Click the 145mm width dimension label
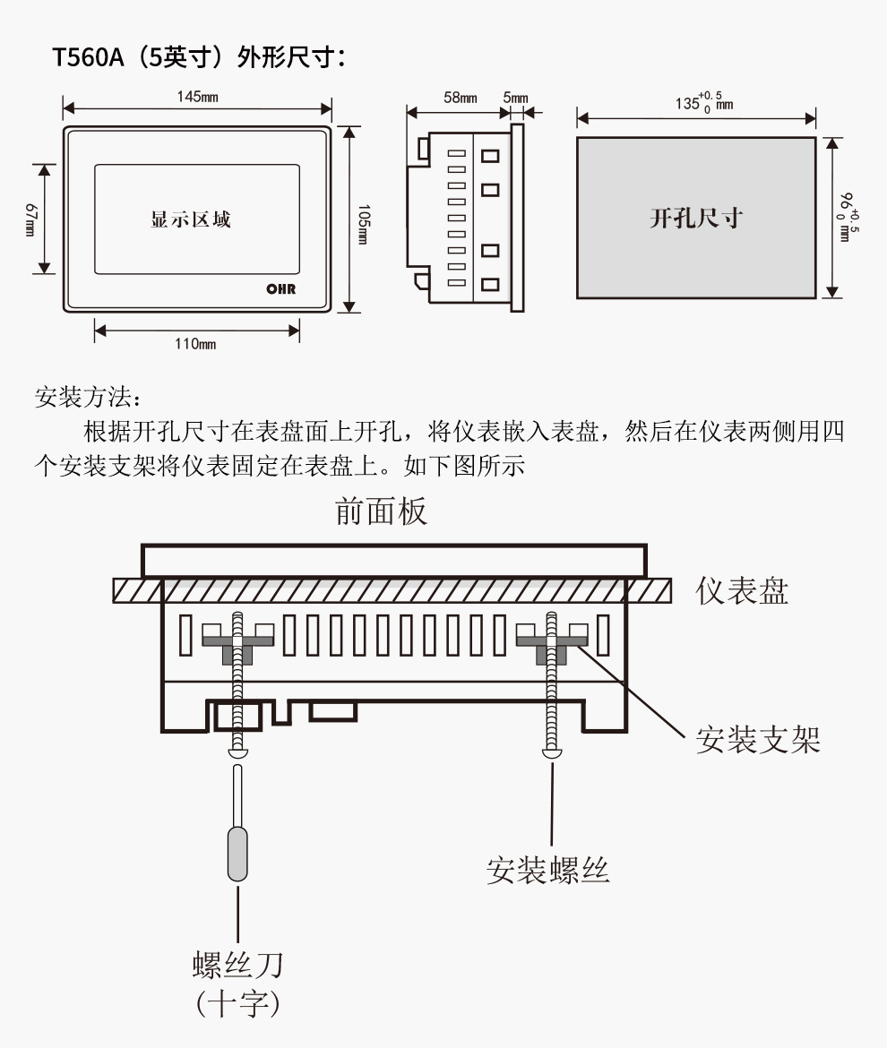click(196, 97)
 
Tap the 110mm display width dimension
click(195, 344)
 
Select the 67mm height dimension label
click(30, 219)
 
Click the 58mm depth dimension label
click(461, 98)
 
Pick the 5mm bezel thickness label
click(516, 98)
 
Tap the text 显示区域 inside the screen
click(191, 219)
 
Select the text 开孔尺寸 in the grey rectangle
click(696, 218)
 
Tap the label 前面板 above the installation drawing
click(381, 511)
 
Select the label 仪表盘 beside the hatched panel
click(743, 591)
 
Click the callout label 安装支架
click(758, 740)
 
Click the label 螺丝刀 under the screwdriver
click(238, 965)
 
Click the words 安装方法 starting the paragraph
click(82, 397)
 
